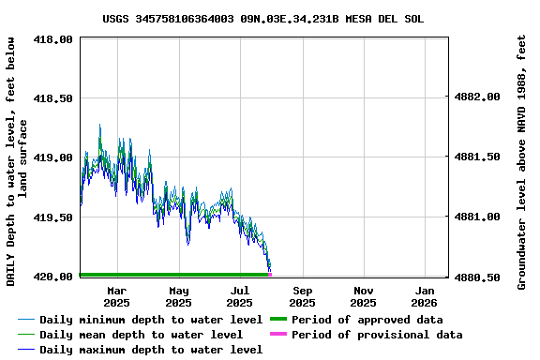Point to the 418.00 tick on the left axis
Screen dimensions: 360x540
(54, 39)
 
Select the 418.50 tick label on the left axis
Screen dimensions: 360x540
(54, 98)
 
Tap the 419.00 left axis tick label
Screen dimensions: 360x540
(54, 157)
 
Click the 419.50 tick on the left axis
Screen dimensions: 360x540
(54, 217)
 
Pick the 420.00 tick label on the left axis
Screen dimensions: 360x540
(54, 277)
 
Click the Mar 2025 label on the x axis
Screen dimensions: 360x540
(116, 296)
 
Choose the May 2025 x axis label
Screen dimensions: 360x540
(178, 296)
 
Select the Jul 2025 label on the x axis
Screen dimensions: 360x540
(240, 296)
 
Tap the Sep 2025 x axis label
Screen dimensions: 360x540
(302, 296)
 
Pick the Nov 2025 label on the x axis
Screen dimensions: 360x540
(363, 296)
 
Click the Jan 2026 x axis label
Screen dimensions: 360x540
(425, 296)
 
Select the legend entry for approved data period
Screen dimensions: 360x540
(367, 320)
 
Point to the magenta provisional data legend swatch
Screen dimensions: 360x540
(278, 335)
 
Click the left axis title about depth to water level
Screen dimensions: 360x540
(17, 161)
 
